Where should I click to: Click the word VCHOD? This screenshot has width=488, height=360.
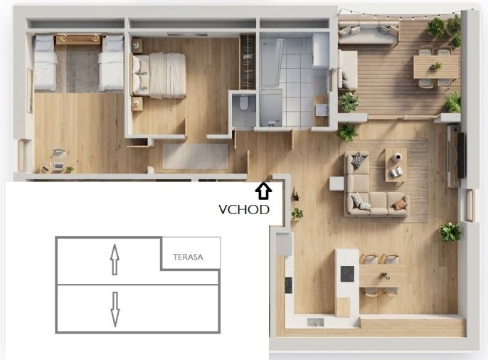tap(244, 210)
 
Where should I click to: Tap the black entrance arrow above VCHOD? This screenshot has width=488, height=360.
tap(263, 191)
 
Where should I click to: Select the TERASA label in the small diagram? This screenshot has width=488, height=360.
tap(188, 257)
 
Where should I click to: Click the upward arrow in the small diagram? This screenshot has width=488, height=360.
tap(115, 260)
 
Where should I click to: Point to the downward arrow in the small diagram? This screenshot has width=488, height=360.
tap(115, 309)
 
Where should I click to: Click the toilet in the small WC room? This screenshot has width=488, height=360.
tap(244, 102)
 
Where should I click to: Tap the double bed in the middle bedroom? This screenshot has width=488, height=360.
tap(159, 75)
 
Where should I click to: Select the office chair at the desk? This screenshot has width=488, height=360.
tap(60, 154)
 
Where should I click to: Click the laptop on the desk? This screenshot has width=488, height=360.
tap(58, 166)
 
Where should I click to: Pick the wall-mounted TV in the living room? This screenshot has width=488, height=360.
tap(461, 155)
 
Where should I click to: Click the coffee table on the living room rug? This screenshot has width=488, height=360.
tap(396, 164)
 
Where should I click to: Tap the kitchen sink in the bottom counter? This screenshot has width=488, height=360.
tap(315, 322)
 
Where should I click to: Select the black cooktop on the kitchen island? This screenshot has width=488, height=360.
tap(347, 274)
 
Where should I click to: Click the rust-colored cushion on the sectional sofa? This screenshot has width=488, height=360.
tap(400, 204)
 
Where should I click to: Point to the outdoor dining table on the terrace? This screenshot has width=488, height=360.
tap(436, 67)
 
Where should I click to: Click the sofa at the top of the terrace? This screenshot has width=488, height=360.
tap(368, 33)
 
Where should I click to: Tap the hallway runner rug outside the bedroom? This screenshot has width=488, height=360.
tap(195, 156)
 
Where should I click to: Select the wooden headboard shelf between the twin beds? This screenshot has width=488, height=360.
tap(78, 40)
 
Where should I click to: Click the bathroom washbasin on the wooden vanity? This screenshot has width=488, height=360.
tap(322, 110)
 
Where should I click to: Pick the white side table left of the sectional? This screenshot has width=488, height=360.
tap(336, 184)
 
